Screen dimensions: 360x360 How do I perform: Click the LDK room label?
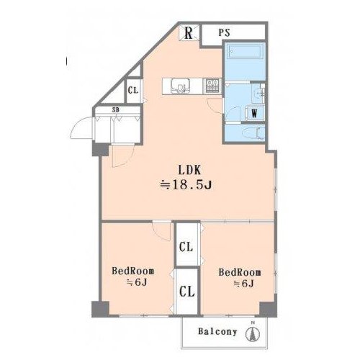tap(189, 170)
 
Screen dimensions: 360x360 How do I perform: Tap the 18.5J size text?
tap(186, 185)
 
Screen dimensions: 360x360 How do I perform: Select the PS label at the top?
tap(225, 32)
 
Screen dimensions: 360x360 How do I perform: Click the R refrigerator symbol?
tap(189, 33)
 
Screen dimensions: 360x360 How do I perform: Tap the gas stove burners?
tap(212, 86)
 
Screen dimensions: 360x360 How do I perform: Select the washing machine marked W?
tap(254, 113)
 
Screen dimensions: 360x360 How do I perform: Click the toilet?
tap(253, 133)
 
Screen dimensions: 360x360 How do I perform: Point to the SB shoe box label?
tap(116, 110)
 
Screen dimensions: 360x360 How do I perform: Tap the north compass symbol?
tap(253, 333)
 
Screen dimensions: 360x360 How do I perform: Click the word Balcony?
tap(217, 332)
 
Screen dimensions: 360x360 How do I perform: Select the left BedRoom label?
tap(133, 271)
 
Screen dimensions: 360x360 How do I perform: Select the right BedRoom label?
tap(240, 272)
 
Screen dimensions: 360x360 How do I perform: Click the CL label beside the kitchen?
tap(133, 91)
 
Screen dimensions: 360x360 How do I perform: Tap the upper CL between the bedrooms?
tap(186, 247)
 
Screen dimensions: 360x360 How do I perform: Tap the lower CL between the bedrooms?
tap(187, 292)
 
